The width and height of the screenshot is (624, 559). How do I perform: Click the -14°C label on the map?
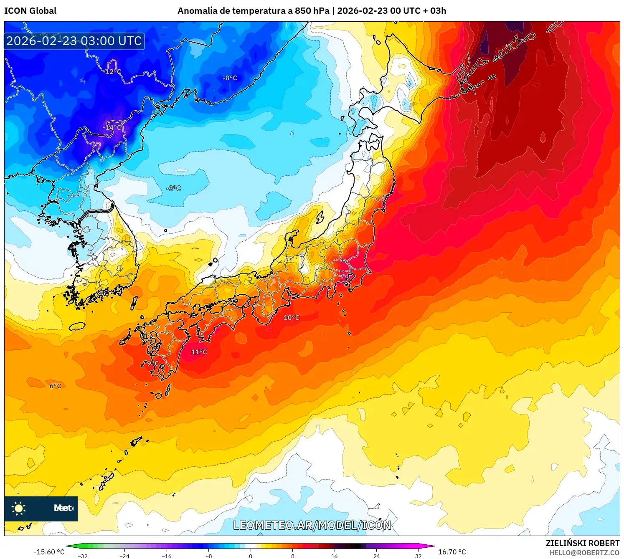pos(113,127)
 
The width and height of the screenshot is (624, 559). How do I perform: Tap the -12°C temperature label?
pos(112,72)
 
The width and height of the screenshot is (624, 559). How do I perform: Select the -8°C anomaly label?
pos(229,78)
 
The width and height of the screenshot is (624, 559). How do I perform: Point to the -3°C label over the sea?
pos(173,188)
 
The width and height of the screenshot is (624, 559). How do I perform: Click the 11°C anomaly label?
pos(199,352)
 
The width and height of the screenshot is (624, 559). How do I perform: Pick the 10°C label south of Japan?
pos(291,318)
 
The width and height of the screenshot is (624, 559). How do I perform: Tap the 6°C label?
pos(55,386)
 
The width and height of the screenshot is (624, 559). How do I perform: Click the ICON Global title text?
pos(30,11)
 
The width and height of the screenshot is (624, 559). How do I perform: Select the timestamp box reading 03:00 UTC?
pos(74,41)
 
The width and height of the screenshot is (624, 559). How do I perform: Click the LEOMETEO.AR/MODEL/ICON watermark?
pos(312,525)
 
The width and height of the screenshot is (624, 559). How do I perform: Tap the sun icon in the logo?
pos(19,508)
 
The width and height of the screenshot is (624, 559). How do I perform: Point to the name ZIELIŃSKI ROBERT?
pos(582,543)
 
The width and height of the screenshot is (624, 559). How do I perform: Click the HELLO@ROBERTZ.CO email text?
pos(584,553)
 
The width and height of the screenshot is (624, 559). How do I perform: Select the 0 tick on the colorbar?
pos(251,556)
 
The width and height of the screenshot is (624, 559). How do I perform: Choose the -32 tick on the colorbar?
pos(83,556)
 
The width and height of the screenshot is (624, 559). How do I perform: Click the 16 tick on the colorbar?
pos(334,556)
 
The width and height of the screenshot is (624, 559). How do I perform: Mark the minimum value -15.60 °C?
pos(49,552)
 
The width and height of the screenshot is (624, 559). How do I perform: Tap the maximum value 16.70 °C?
pos(452,552)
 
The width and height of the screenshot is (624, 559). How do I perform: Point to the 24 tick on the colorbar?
pos(376,556)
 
